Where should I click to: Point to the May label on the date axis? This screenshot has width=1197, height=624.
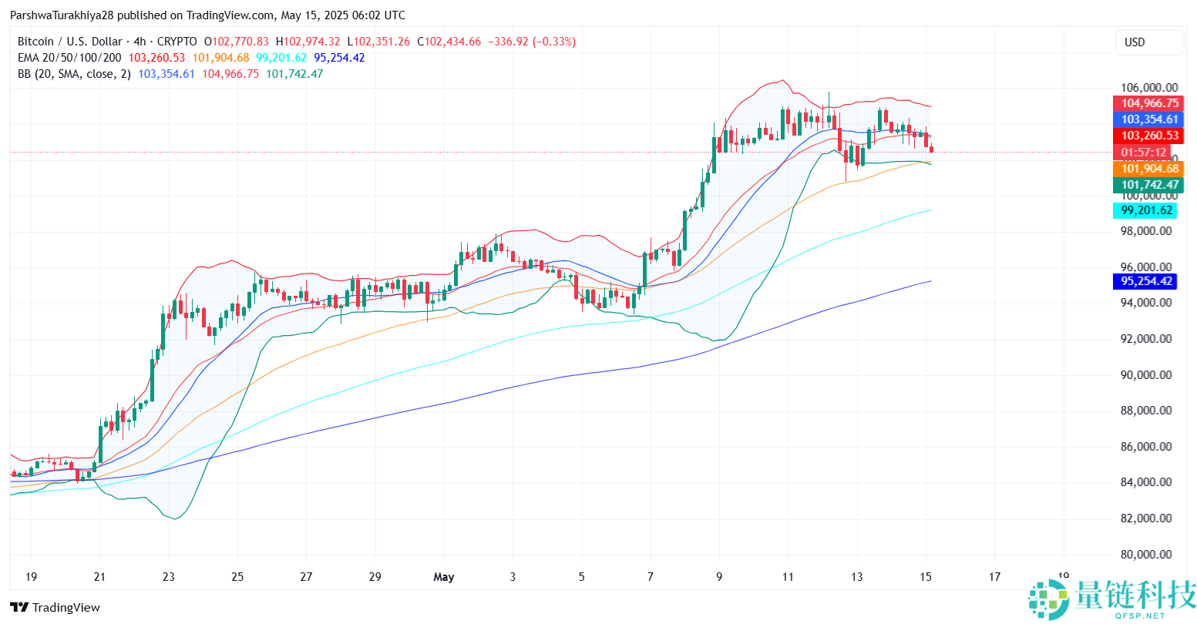(444, 577)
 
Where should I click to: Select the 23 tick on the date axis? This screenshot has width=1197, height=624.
(169, 577)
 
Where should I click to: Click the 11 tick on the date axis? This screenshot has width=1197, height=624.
(788, 577)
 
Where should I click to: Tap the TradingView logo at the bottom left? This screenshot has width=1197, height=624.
(55, 608)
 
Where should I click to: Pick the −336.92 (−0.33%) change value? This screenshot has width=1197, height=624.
(531, 42)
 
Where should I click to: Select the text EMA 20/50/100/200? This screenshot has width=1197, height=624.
(69, 58)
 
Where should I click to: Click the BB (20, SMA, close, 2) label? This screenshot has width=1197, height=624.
(74, 74)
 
